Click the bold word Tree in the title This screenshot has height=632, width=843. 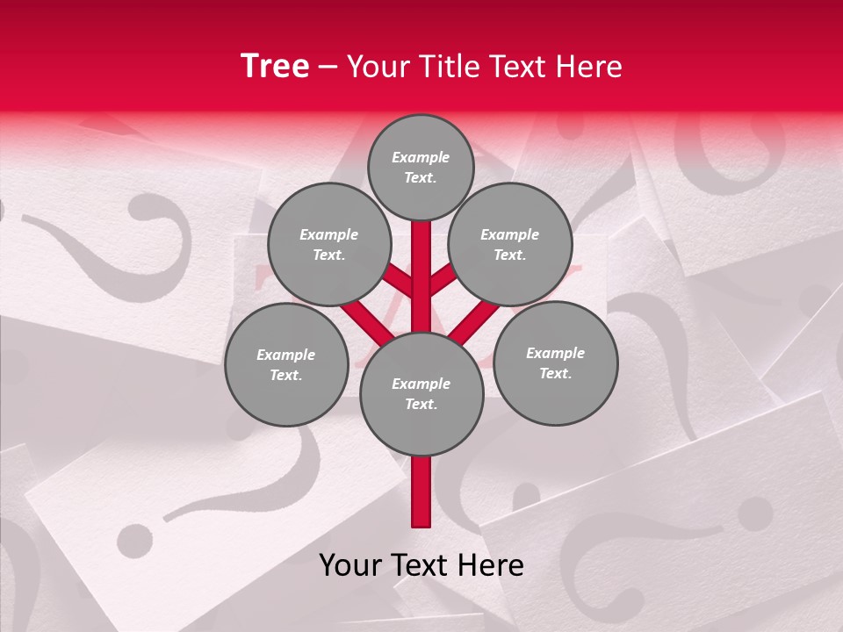tap(275, 67)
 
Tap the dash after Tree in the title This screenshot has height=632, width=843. tap(328, 68)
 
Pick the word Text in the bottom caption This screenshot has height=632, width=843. tap(420, 565)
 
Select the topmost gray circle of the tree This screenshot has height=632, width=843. tap(421, 167)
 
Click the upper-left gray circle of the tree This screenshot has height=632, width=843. tap(328, 244)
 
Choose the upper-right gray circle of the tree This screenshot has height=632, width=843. tap(509, 244)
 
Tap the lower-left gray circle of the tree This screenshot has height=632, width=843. tap(285, 364)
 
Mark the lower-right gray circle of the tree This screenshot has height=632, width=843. tap(555, 363)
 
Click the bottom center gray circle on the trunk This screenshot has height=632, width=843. tap(421, 393)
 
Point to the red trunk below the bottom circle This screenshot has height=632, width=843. tap(421, 492)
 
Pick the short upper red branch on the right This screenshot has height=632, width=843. tap(442, 281)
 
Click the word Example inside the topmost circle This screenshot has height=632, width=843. tap(421, 157)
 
